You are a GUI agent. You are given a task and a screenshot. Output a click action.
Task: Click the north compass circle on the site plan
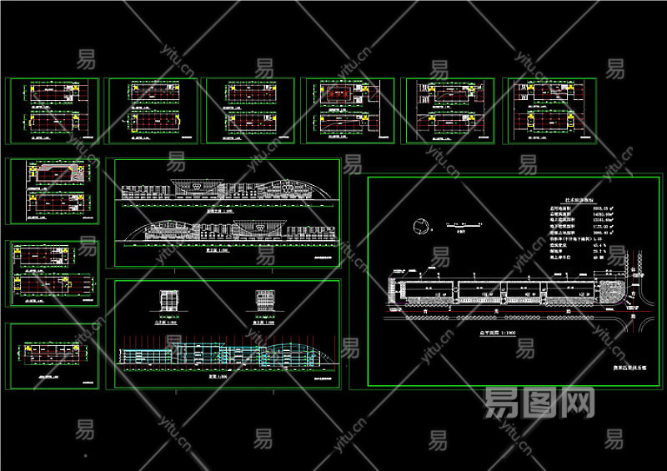point(422,223)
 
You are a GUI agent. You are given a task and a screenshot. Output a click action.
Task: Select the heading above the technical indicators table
point(510,200)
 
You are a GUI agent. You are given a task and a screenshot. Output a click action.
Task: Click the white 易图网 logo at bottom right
point(539,404)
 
